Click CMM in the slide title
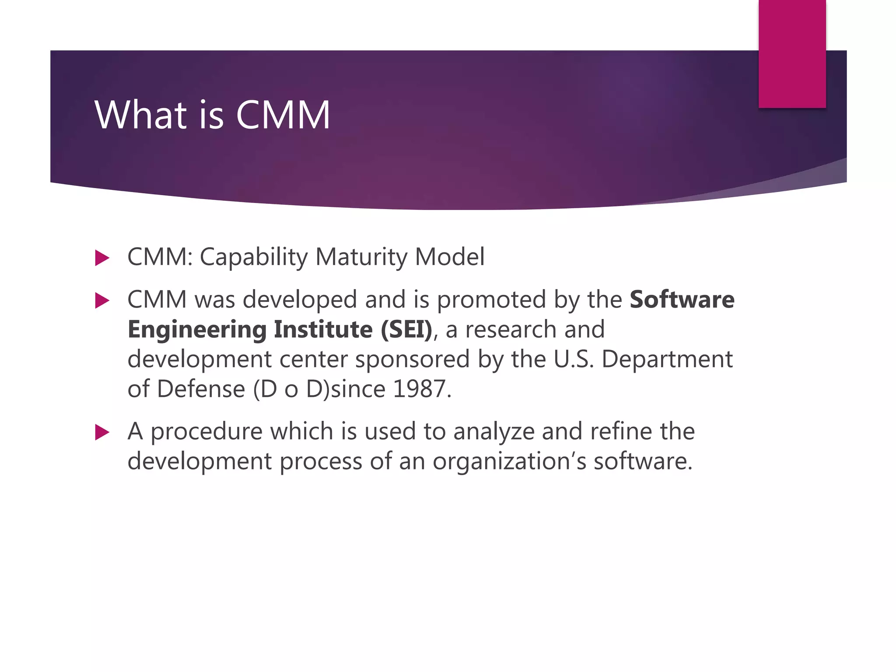point(283,115)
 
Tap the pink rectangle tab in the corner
point(792,53)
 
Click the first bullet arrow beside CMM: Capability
point(101,258)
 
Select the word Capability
point(254,257)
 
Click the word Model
point(450,256)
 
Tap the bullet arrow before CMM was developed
point(101,301)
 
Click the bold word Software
point(682,300)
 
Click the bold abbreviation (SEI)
point(406,329)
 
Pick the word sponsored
point(412,360)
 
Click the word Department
point(667,360)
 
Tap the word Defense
point(201,389)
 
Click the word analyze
point(493,432)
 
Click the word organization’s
point(509,462)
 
